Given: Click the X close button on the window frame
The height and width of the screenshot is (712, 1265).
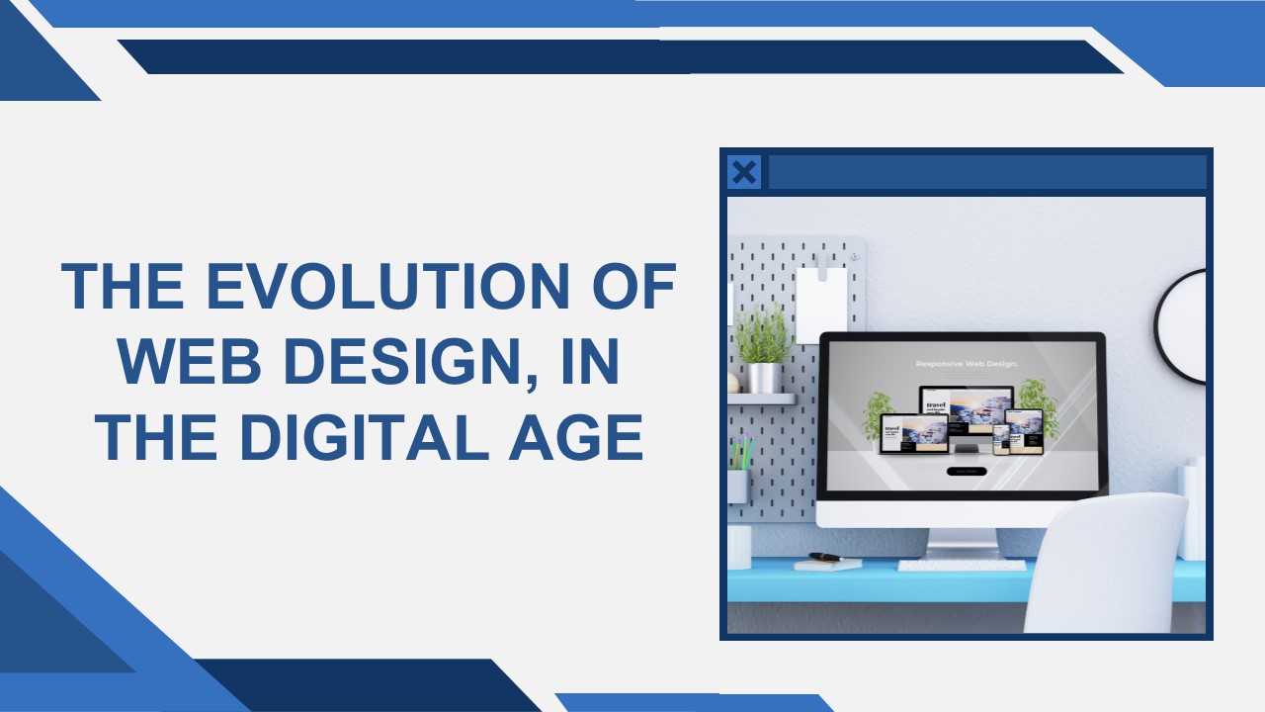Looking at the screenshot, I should click(744, 173).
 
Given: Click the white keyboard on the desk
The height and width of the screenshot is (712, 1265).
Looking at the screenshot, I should click(948, 566).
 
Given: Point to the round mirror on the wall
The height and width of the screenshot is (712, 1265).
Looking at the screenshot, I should click(1185, 326).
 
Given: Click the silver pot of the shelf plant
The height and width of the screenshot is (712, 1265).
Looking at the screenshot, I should click(763, 378).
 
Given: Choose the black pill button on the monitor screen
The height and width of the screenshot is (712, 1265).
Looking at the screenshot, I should click(966, 471).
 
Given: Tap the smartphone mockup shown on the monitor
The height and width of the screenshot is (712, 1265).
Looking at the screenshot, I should click(1000, 436).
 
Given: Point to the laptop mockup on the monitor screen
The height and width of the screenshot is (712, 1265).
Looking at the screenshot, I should click(913, 435).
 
